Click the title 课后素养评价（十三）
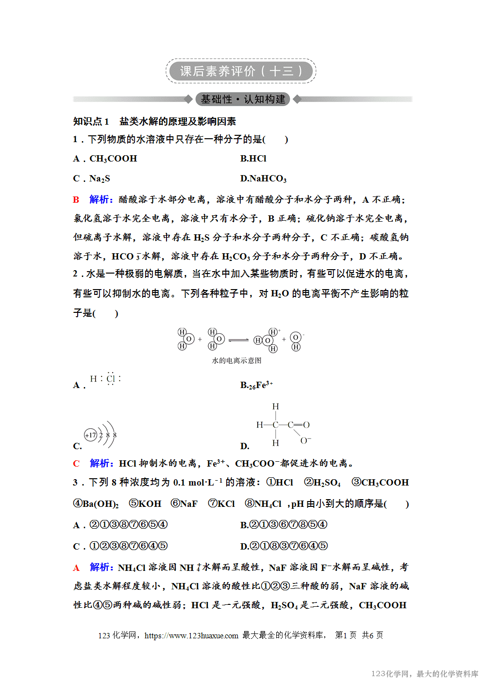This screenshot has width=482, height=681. click(241, 71)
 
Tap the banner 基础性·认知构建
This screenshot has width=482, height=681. click(243, 99)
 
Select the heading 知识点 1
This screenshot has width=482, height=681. click(91, 121)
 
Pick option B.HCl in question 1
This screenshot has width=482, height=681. click(253, 159)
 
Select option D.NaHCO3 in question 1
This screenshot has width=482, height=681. click(264, 178)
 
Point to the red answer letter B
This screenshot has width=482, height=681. click(76, 199)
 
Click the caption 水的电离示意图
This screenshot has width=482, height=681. click(236, 360)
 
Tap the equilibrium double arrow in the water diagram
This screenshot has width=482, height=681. click(238, 340)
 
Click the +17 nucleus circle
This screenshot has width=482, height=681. click(91, 435)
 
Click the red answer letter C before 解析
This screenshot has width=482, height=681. click(76, 463)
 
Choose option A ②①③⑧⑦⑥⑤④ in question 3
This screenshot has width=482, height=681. click(129, 524)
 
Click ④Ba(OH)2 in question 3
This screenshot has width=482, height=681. click(96, 503)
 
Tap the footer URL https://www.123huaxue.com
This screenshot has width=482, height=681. click(191, 635)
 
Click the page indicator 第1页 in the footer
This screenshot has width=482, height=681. click(346, 635)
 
